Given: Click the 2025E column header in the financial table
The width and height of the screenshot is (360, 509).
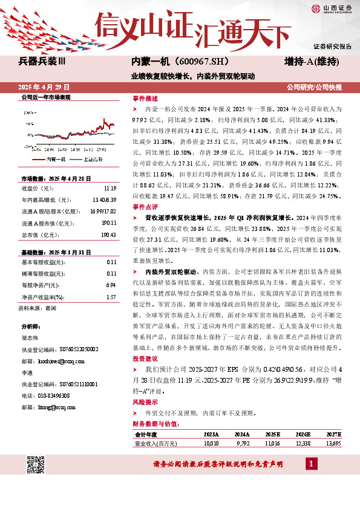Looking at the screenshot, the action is pyautogui.click(x=272, y=434).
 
